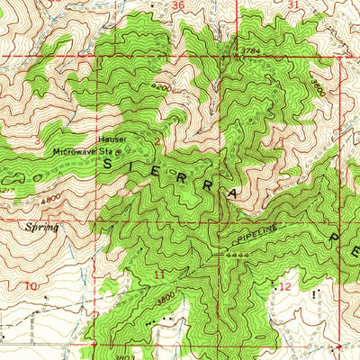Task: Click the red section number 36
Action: point(176,5)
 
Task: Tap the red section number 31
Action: point(292,5)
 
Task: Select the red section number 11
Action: point(158,273)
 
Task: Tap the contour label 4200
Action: point(160,86)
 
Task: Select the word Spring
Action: point(42,228)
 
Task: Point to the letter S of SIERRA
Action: point(111,165)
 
